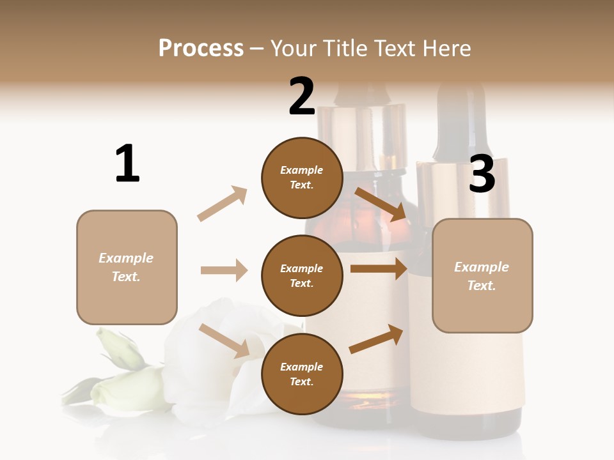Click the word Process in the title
201,49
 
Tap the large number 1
127,164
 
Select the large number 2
302,96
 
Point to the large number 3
482,174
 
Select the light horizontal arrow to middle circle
224,270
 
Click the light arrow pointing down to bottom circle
224,340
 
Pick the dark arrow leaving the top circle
380,204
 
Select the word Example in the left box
126,258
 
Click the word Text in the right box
481,286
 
